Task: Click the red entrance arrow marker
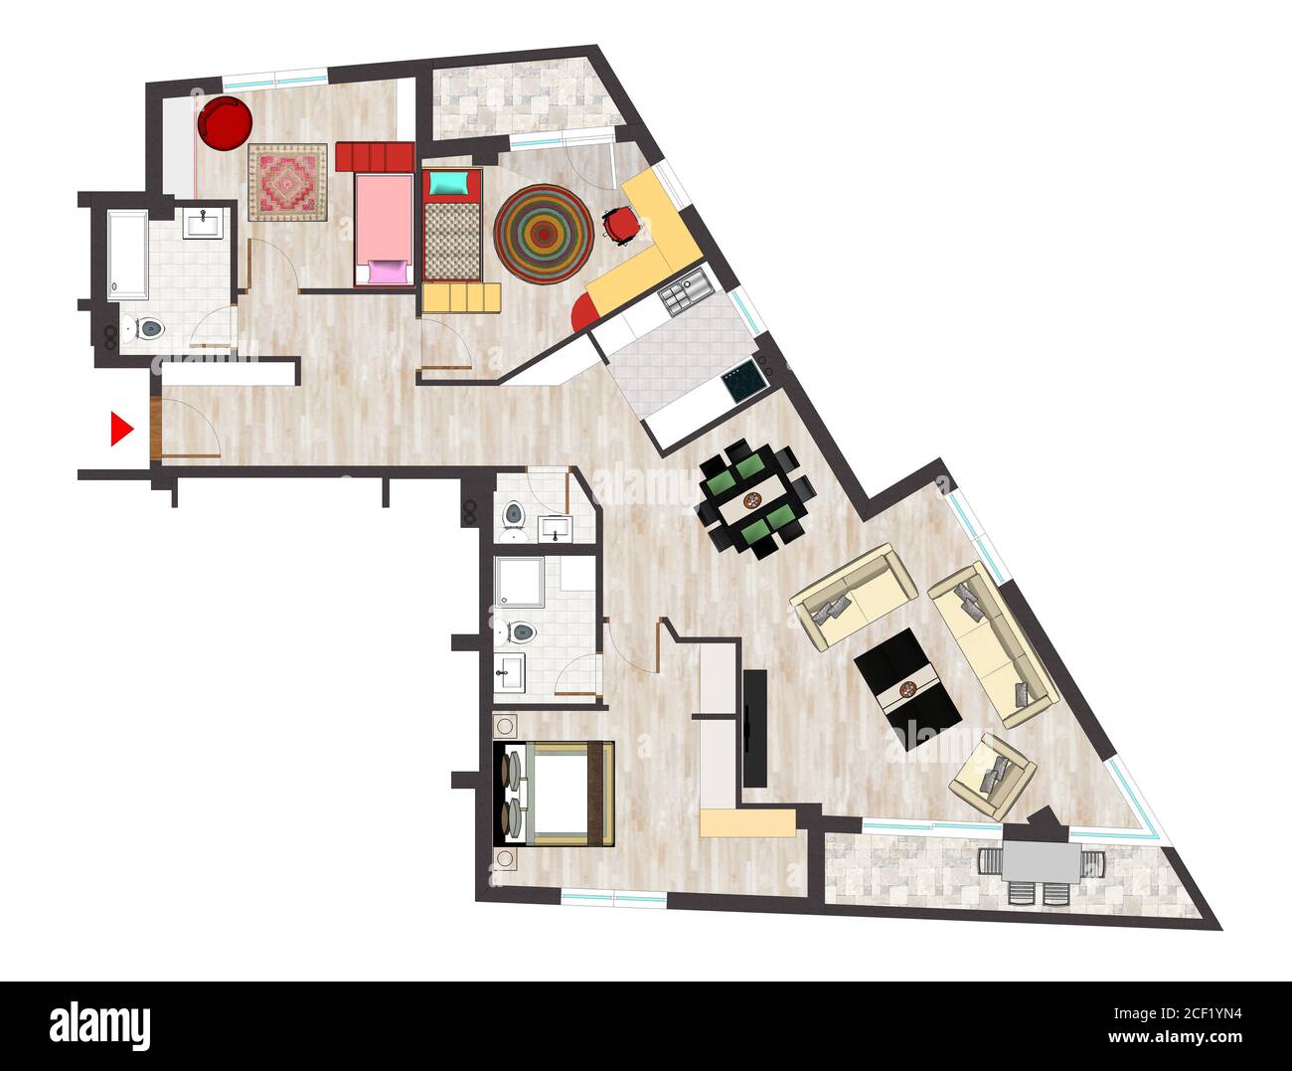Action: click(x=121, y=429)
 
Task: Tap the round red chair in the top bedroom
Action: click(x=225, y=122)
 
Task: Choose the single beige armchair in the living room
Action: click(x=993, y=775)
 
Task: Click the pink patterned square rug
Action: click(x=287, y=182)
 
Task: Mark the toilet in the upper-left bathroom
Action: click(x=148, y=329)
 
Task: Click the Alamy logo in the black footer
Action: click(x=99, y=1023)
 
